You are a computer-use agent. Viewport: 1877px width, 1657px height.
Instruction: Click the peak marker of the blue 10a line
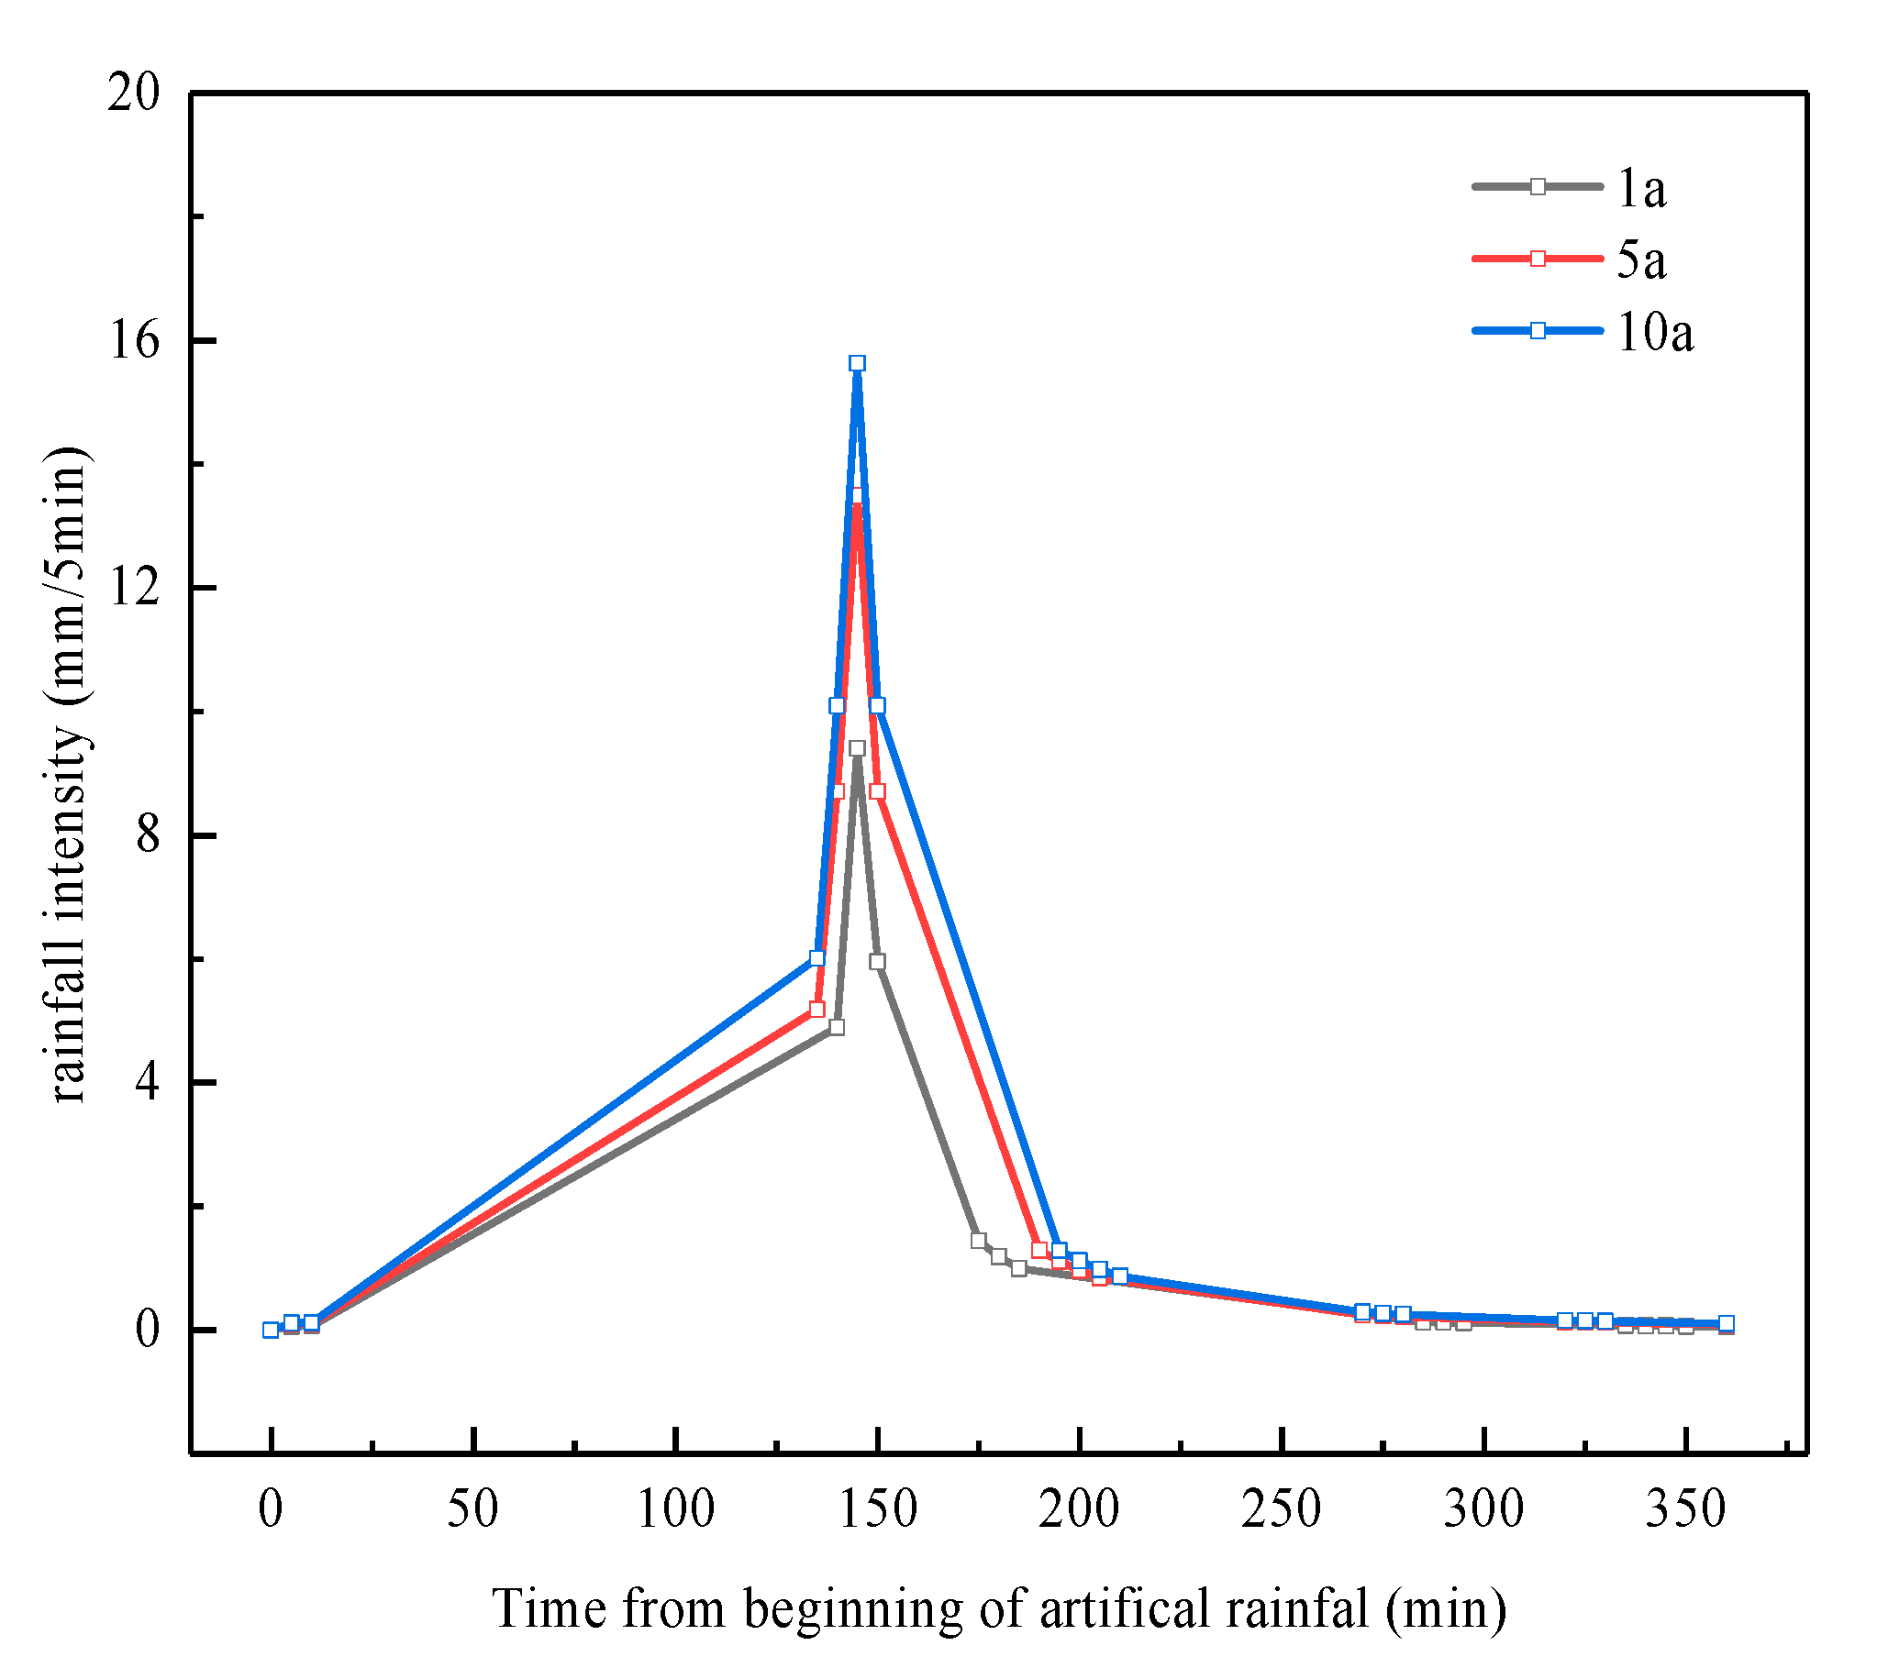pyautogui.click(x=857, y=363)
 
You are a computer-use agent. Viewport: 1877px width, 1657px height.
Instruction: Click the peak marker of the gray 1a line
pyautogui.click(x=857, y=748)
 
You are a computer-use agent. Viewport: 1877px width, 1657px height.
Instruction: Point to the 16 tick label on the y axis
pyautogui.click(x=134, y=340)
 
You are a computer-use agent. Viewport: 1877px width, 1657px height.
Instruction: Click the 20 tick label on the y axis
pyautogui.click(x=134, y=93)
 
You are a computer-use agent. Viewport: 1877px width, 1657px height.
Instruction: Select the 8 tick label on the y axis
pyautogui.click(x=147, y=835)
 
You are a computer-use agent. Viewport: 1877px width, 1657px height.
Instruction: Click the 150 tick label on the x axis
pyautogui.click(x=878, y=1509)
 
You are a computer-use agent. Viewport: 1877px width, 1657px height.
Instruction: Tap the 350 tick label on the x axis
pyautogui.click(x=1685, y=1509)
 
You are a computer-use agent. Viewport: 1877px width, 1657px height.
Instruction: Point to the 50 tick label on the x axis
pyautogui.click(x=473, y=1509)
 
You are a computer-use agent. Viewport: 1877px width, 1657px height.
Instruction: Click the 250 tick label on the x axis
pyautogui.click(x=1281, y=1509)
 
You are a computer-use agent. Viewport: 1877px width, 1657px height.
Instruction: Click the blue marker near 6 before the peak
pyautogui.click(x=817, y=957)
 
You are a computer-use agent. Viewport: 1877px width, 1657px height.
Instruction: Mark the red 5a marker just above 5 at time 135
pyautogui.click(x=817, y=1009)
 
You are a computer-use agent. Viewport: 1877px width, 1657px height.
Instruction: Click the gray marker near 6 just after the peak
pyautogui.click(x=877, y=961)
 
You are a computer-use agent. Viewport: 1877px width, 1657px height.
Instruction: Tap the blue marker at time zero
pyautogui.click(x=271, y=1331)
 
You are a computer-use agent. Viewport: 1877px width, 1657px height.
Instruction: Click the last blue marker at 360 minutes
pyautogui.click(x=1727, y=1323)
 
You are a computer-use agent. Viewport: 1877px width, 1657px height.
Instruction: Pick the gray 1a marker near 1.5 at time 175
pyautogui.click(x=978, y=1240)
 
